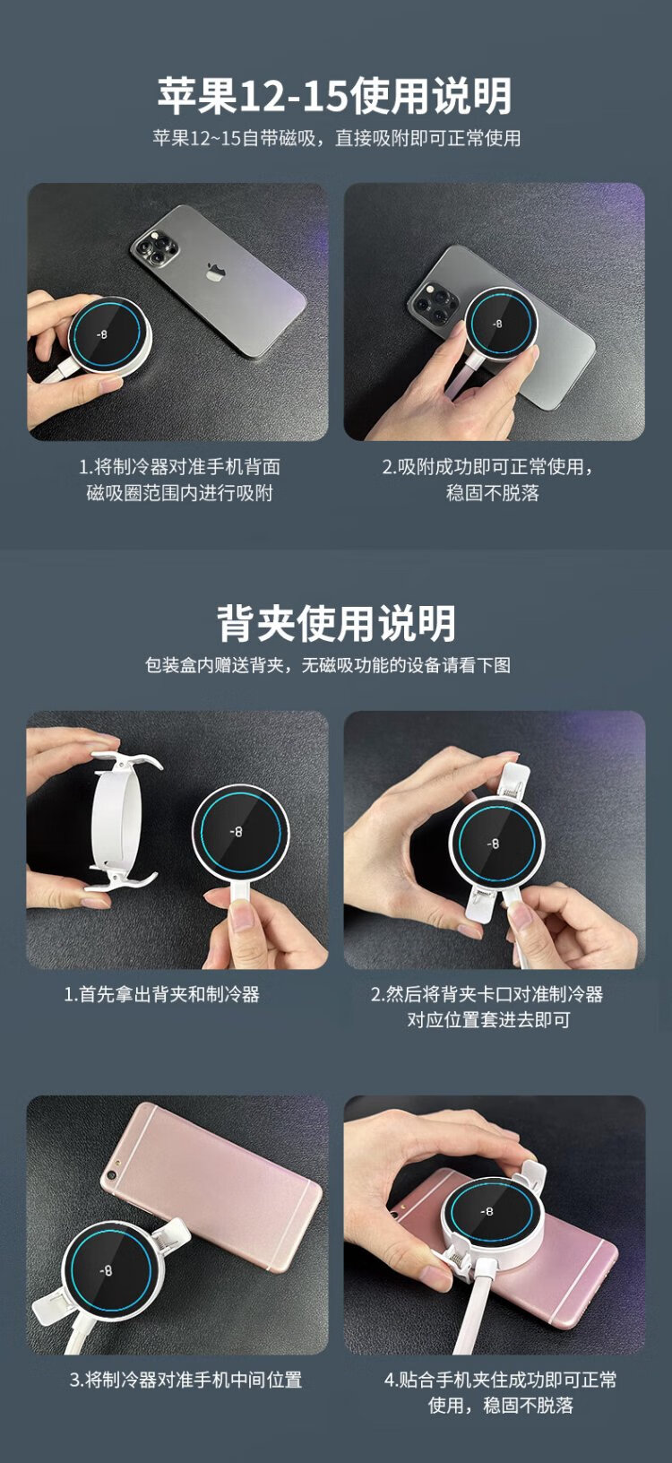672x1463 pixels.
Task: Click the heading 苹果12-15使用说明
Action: click(334, 96)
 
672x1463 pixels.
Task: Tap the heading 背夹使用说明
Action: click(336, 623)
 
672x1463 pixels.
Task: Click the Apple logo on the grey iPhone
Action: click(213, 271)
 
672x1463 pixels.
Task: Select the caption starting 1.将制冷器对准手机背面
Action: click(179, 480)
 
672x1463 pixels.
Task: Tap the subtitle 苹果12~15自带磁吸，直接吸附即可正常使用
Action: click(336, 138)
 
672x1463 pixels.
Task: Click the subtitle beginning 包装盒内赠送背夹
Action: click(328, 665)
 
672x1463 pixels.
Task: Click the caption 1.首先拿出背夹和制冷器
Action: click(161, 994)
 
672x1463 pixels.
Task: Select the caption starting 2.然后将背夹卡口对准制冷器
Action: click(487, 1007)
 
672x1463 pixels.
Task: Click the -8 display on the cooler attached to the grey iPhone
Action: click(497, 324)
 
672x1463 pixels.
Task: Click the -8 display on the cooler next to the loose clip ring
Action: click(237, 831)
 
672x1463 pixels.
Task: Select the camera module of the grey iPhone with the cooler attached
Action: click(433, 302)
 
